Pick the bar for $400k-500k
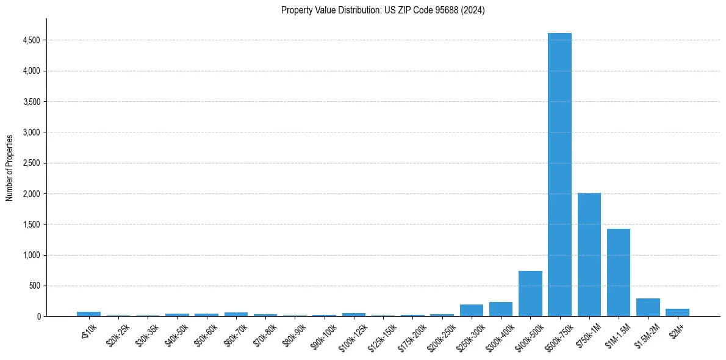point(530,293)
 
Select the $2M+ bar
point(677,312)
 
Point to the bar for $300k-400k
point(500,309)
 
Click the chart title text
point(383,10)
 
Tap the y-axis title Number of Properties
point(10,167)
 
